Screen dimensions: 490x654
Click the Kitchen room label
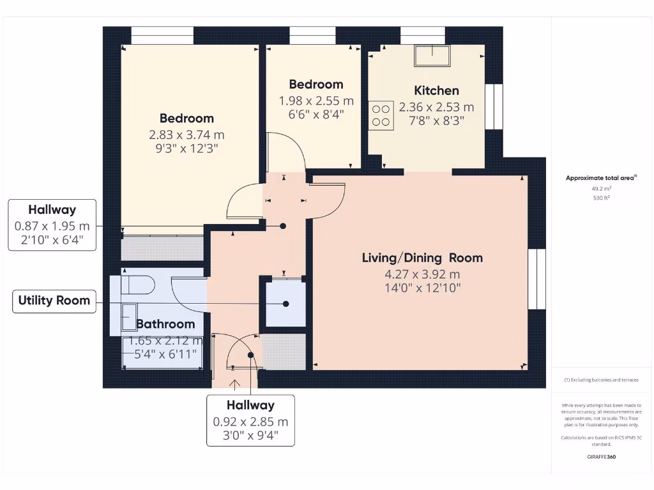click(436, 91)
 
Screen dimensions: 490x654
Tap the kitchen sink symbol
click(432, 56)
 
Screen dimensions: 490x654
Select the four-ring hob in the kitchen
click(381, 115)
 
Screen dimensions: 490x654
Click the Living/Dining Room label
click(422, 258)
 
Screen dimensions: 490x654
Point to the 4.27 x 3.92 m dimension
click(422, 275)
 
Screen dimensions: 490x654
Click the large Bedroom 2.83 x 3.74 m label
click(186, 119)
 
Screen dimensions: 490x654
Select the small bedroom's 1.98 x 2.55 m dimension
click(316, 101)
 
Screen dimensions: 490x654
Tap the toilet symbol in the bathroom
click(138, 284)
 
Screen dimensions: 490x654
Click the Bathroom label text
click(165, 323)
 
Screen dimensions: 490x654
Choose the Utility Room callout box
click(54, 300)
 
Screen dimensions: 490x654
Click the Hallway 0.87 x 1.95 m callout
click(52, 225)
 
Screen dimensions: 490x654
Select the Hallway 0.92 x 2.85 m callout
click(250, 420)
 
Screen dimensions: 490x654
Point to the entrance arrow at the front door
click(235, 383)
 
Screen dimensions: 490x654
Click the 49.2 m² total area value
click(601, 189)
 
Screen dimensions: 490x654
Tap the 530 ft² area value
click(601, 198)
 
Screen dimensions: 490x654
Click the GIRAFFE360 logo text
click(601, 457)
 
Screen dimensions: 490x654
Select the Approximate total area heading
click(601, 178)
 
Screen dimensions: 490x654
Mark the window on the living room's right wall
click(537, 279)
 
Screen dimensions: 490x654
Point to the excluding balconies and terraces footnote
click(601, 380)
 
